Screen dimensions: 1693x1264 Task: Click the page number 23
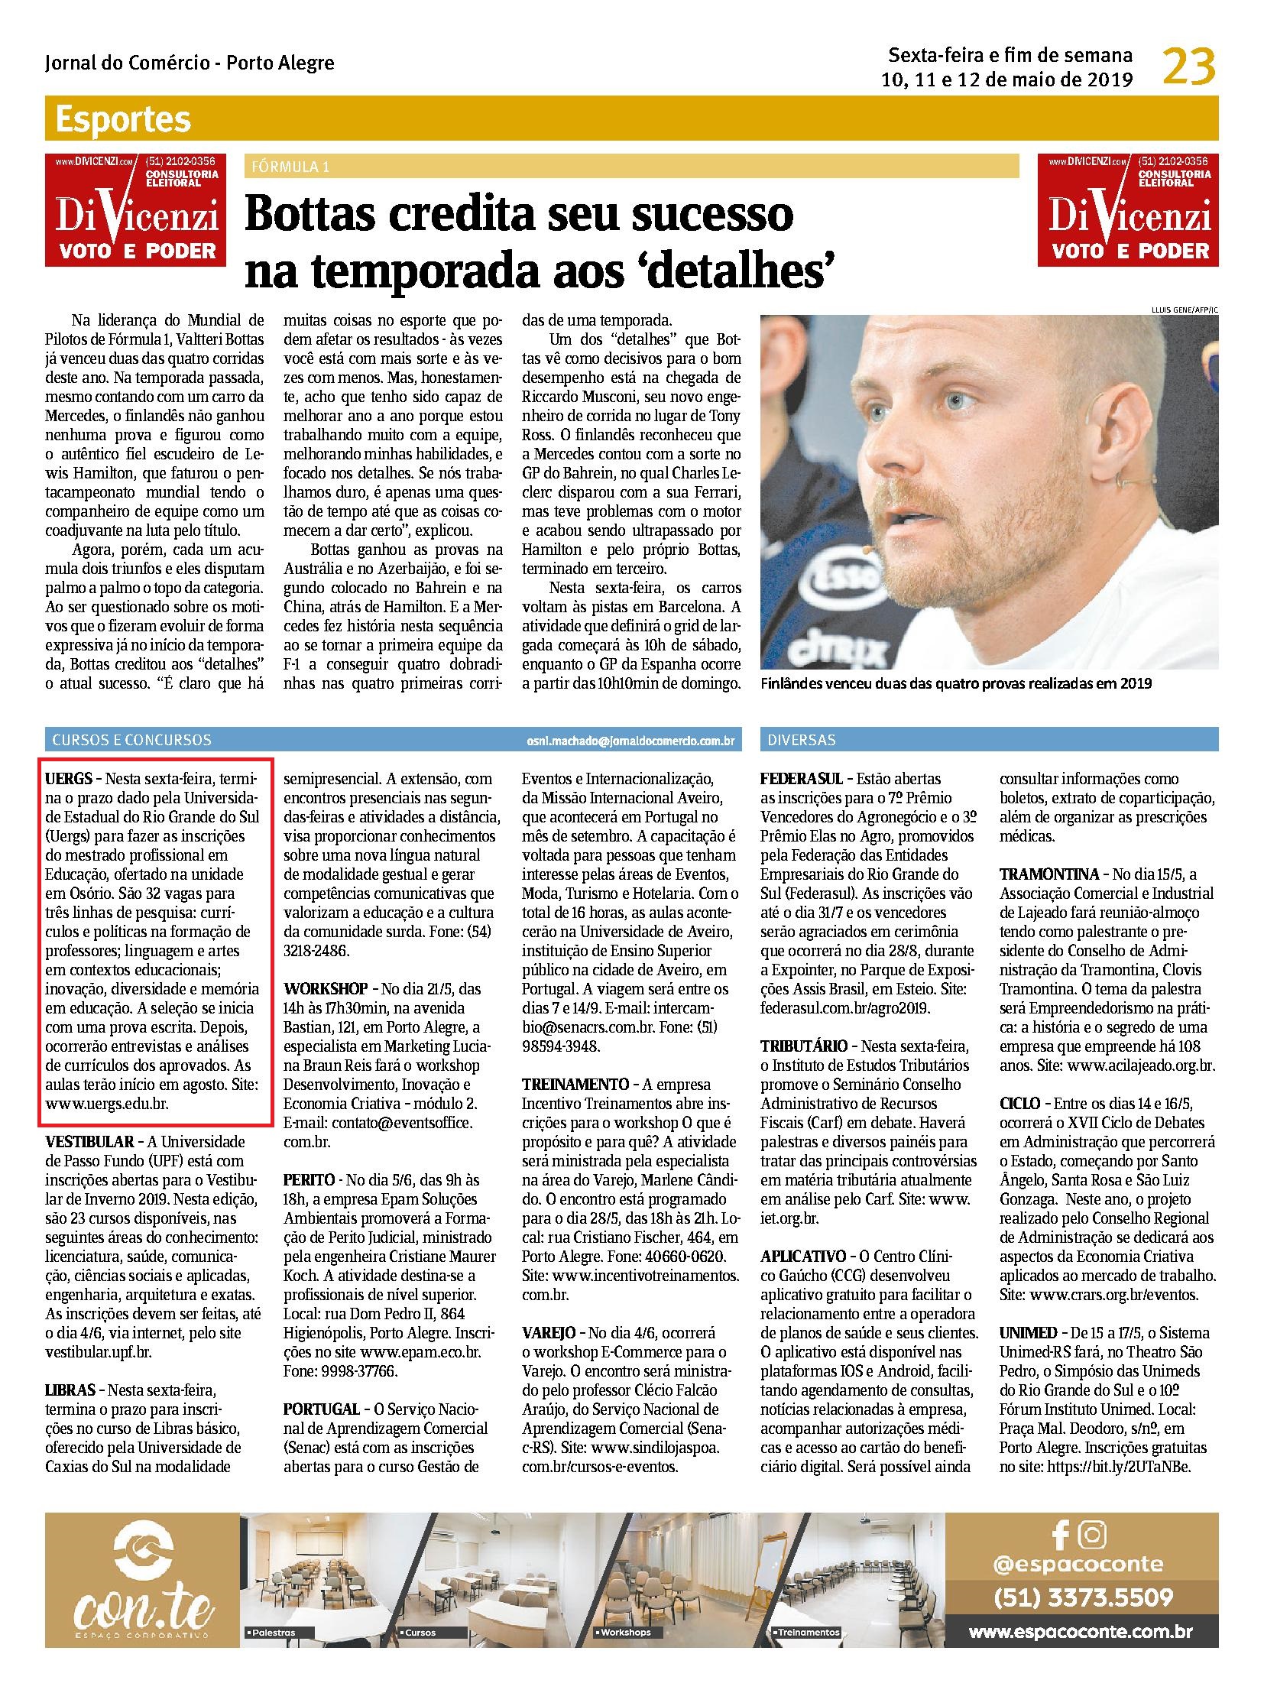1189,67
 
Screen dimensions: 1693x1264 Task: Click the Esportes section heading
122,120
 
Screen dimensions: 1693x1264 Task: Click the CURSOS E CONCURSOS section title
131,740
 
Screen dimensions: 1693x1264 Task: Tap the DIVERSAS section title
801,740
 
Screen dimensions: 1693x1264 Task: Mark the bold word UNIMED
1028,1331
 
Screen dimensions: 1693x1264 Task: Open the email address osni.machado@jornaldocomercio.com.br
630,741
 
